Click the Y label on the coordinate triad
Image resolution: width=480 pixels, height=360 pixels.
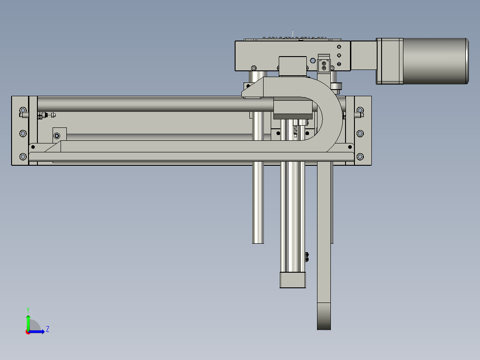tap(28, 309)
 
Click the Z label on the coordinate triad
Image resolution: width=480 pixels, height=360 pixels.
tap(47, 329)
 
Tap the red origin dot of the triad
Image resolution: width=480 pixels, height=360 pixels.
tap(28, 332)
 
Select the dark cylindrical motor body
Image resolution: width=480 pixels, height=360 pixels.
tap(435, 61)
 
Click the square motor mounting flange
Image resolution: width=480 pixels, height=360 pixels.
tap(390, 61)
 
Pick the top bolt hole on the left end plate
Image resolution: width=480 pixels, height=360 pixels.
tap(23, 110)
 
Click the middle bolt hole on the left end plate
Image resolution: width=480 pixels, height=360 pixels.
tap(23, 133)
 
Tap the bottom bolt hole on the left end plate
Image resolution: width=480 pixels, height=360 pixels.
tap(23, 156)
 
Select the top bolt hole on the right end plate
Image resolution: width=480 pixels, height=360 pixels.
tap(360, 110)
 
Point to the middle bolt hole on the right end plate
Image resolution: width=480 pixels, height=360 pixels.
tap(360, 133)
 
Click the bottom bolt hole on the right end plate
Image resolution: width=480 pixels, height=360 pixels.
tap(360, 156)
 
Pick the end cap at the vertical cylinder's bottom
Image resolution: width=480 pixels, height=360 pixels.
tap(293, 280)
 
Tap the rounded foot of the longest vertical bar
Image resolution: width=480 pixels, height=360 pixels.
tap(324, 316)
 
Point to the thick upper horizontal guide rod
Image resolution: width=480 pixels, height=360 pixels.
tap(151, 104)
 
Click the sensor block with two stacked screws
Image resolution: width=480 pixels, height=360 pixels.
tap(324, 66)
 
